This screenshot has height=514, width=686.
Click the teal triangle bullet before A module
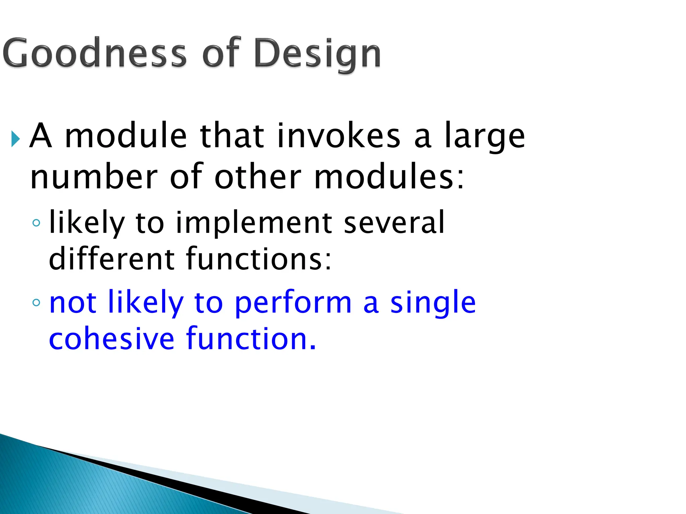(x=15, y=139)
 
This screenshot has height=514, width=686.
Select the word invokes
(x=339, y=136)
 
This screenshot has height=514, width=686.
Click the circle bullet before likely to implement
(x=37, y=223)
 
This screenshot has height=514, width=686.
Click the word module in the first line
(x=126, y=136)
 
